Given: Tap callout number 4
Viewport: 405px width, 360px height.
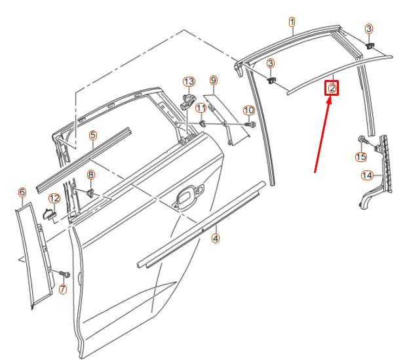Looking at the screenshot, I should tap(216, 239).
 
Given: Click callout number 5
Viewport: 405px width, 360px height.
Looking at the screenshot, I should tap(93, 135).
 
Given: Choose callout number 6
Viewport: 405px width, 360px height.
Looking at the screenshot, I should tap(22, 192).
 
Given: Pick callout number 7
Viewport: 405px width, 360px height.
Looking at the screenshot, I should tap(63, 289).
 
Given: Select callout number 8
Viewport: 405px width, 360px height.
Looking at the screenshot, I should tap(91, 174).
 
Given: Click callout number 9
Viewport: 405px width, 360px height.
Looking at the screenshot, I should tap(213, 80).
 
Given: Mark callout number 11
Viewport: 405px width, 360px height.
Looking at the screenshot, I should tap(201, 108).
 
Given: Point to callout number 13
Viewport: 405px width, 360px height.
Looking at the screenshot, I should tap(189, 81).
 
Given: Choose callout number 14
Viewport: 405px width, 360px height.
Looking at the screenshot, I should tap(367, 175).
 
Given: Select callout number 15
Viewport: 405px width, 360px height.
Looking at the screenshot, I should tap(360, 156).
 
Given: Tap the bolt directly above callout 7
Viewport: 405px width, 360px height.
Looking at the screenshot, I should tap(64, 273).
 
